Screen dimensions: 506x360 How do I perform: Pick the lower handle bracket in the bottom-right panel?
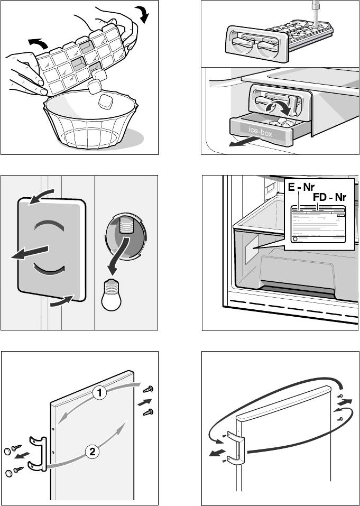tap(234, 461)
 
